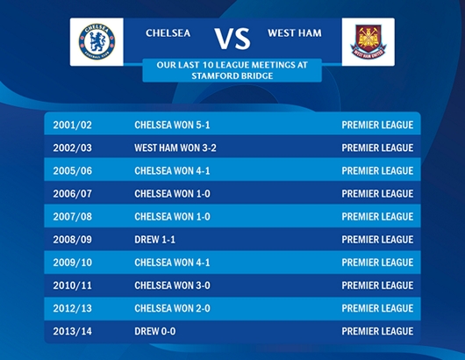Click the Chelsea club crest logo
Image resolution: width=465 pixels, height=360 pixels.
coord(97,41)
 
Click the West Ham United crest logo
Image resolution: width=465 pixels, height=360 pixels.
coord(368,42)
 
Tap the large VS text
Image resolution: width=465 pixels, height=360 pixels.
coord(232,39)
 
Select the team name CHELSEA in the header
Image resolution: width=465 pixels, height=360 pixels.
coord(168,33)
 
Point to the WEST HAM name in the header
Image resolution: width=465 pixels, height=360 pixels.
coord(295,33)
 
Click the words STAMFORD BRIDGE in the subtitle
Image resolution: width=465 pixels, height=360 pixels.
coord(232,76)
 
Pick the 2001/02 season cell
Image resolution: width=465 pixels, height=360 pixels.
coord(72,125)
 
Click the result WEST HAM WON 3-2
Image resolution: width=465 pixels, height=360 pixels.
coord(175,148)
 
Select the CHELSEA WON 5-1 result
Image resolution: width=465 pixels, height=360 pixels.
coord(172,125)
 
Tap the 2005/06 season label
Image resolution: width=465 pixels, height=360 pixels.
coord(72,170)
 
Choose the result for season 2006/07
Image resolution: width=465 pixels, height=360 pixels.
coord(172,194)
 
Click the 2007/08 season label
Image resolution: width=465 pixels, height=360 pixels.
coord(72,217)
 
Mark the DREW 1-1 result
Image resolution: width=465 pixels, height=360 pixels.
coord(154,240)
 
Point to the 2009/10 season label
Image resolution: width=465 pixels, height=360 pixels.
coord(72,263)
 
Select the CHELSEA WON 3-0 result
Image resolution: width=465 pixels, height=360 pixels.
coord(172,285)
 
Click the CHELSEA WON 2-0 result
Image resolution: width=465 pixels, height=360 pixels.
coord(172,308)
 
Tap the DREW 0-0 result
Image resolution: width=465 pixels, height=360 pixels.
coord(154,331)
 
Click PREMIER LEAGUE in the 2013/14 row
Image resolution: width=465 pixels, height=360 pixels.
coord(377,331)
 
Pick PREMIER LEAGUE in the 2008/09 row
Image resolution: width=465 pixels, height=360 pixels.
coord(377,240)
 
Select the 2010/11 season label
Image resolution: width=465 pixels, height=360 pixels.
coord(72,285)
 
